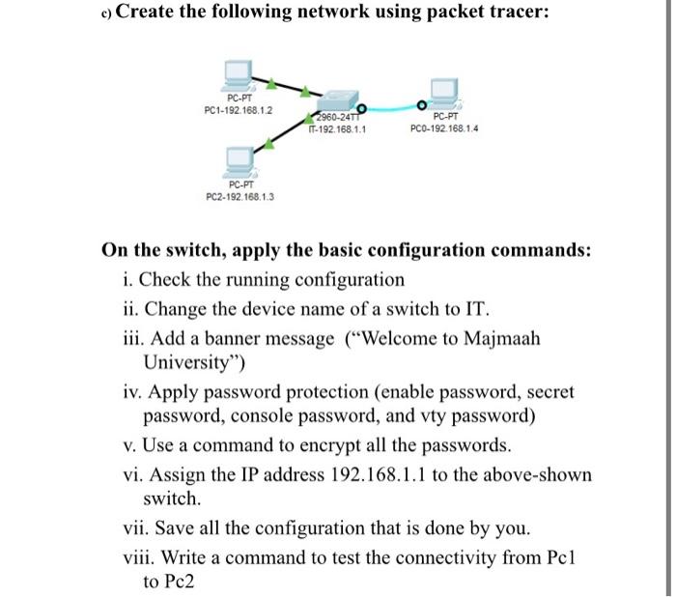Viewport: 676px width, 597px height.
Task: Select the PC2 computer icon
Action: pos(239,158)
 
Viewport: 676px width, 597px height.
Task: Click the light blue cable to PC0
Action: pos(396,107)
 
